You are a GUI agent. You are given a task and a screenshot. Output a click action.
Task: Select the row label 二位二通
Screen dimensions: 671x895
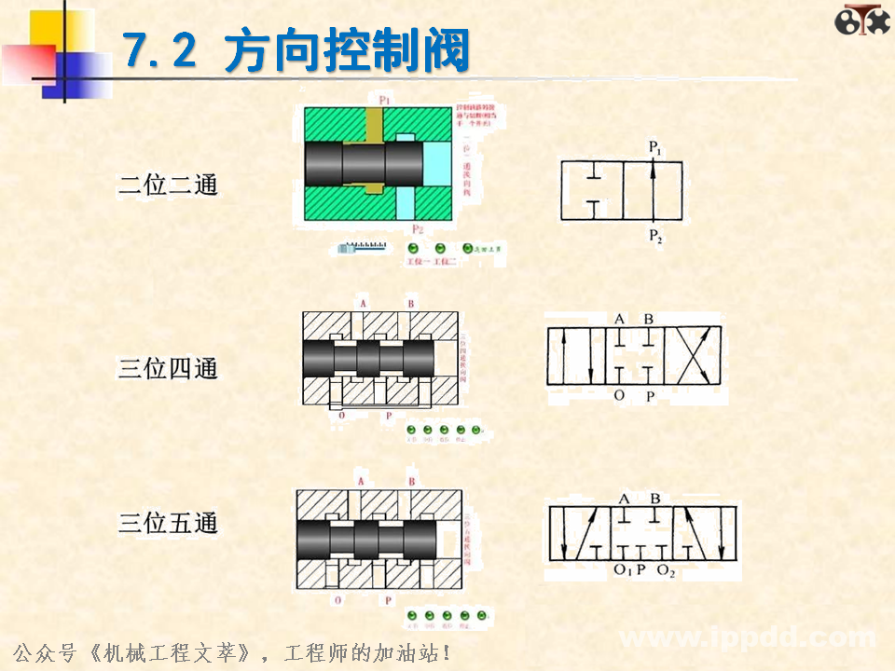pos(168,185)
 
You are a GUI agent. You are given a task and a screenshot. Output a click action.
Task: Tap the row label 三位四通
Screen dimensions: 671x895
pos(168,368)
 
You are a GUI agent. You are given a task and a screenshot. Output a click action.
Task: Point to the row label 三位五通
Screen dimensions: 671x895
pos(168,523)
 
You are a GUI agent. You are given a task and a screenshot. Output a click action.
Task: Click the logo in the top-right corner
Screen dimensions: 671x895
pos(861,21)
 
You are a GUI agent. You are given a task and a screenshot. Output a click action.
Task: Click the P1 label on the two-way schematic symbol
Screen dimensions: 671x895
pos(655,148)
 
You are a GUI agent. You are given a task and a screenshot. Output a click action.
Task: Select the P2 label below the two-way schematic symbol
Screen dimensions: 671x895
pos(655,236)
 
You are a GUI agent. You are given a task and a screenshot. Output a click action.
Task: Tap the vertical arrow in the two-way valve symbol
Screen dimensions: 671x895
pos(653,191)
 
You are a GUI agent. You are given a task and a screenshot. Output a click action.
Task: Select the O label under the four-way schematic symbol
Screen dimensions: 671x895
pos(619,396)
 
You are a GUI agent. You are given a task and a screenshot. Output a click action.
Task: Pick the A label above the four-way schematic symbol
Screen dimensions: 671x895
pos(620,319)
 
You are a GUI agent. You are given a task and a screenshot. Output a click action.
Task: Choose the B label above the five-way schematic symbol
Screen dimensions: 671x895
pos(655,498)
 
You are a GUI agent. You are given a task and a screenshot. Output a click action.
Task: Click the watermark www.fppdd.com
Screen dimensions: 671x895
pos(746,638)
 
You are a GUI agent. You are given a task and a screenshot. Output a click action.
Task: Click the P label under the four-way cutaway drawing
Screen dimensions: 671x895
pos(389,416)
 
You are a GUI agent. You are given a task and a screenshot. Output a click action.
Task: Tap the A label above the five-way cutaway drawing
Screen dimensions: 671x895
pos(360,482)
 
